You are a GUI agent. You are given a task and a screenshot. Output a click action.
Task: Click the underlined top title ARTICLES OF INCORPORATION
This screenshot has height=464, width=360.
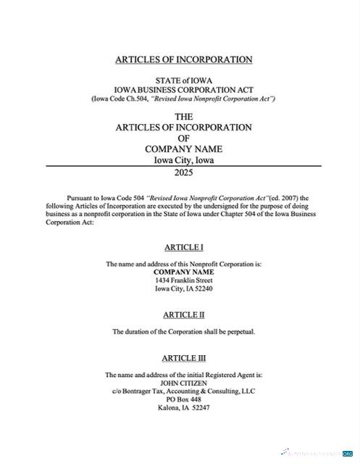183,59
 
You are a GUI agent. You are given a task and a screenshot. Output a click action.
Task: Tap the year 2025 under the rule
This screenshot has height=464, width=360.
183,173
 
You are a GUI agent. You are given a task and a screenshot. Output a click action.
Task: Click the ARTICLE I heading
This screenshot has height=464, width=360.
183,247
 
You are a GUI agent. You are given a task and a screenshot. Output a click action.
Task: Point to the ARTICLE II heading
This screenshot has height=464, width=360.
183,315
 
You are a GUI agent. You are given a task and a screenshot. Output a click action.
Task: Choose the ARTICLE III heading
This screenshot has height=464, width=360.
184,358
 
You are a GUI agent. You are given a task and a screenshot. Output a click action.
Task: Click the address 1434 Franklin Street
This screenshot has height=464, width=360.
183,280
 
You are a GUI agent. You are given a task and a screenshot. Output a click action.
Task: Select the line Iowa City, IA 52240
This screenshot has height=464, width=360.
183,289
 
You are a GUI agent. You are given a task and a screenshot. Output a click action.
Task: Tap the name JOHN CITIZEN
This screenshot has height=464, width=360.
183,383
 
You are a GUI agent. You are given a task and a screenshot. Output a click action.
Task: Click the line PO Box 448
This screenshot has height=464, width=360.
183,399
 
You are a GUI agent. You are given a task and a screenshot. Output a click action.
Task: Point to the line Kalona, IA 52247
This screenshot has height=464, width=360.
183,407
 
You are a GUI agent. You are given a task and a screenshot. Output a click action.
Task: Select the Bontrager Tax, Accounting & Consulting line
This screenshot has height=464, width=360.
183,391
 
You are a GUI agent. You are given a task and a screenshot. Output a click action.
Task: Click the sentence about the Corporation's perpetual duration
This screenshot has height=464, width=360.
183,331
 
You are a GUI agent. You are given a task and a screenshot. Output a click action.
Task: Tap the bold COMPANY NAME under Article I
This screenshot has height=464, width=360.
183,272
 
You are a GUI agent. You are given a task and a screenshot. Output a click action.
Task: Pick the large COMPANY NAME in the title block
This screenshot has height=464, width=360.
183,149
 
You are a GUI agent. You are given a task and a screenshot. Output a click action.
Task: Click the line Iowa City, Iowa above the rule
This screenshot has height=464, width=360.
183,160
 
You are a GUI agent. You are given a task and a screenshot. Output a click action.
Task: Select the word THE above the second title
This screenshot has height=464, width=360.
183,116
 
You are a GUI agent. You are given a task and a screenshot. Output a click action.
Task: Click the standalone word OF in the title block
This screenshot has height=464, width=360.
183,138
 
